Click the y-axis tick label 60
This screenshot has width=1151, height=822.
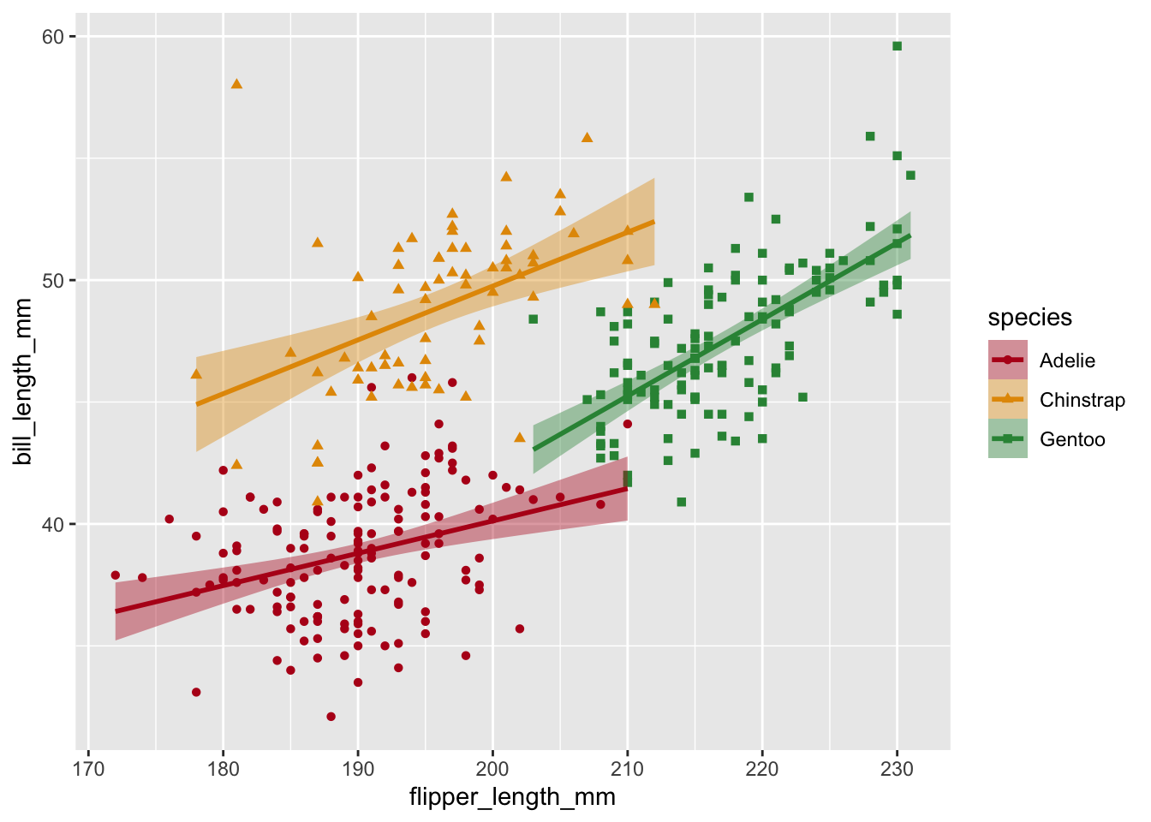pyautogui.click(x=54, y=36)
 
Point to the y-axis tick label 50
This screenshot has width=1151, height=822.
pyautogui.click(x=54, y=280)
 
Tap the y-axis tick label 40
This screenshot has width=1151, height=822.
pyautogui.click(x=54, y=524)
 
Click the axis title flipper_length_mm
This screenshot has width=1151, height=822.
pyautogui.click(x=512, y=797)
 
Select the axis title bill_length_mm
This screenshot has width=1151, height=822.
pyautogui.click(x=24, y=382)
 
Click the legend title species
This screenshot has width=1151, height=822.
pyautogui.click(x=1029, y=318)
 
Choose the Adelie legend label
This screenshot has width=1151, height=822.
pyautogui.click(x=1067, y=360)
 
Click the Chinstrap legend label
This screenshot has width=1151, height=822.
pyautogui.click(x=1082, y=400)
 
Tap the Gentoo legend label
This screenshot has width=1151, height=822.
pyautogui.click(x=1072, y=439)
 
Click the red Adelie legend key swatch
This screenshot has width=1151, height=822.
pyautogui.click(x=1008, y=360)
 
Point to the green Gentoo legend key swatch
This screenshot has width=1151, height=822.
pyautogui.click(x=1008, y=439)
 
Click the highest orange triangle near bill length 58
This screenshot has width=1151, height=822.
pyautogui.click(x=236, y=84)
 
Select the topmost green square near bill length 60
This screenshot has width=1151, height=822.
pyautogui.click(x=897, y=46)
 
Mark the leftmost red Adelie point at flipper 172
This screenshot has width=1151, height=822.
pyautogui.click(x=116, y=575)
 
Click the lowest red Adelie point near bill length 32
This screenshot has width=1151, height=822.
pyautogui.click(x=331, y=716)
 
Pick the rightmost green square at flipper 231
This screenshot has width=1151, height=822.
pyautogui.click(x=910, y=176)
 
